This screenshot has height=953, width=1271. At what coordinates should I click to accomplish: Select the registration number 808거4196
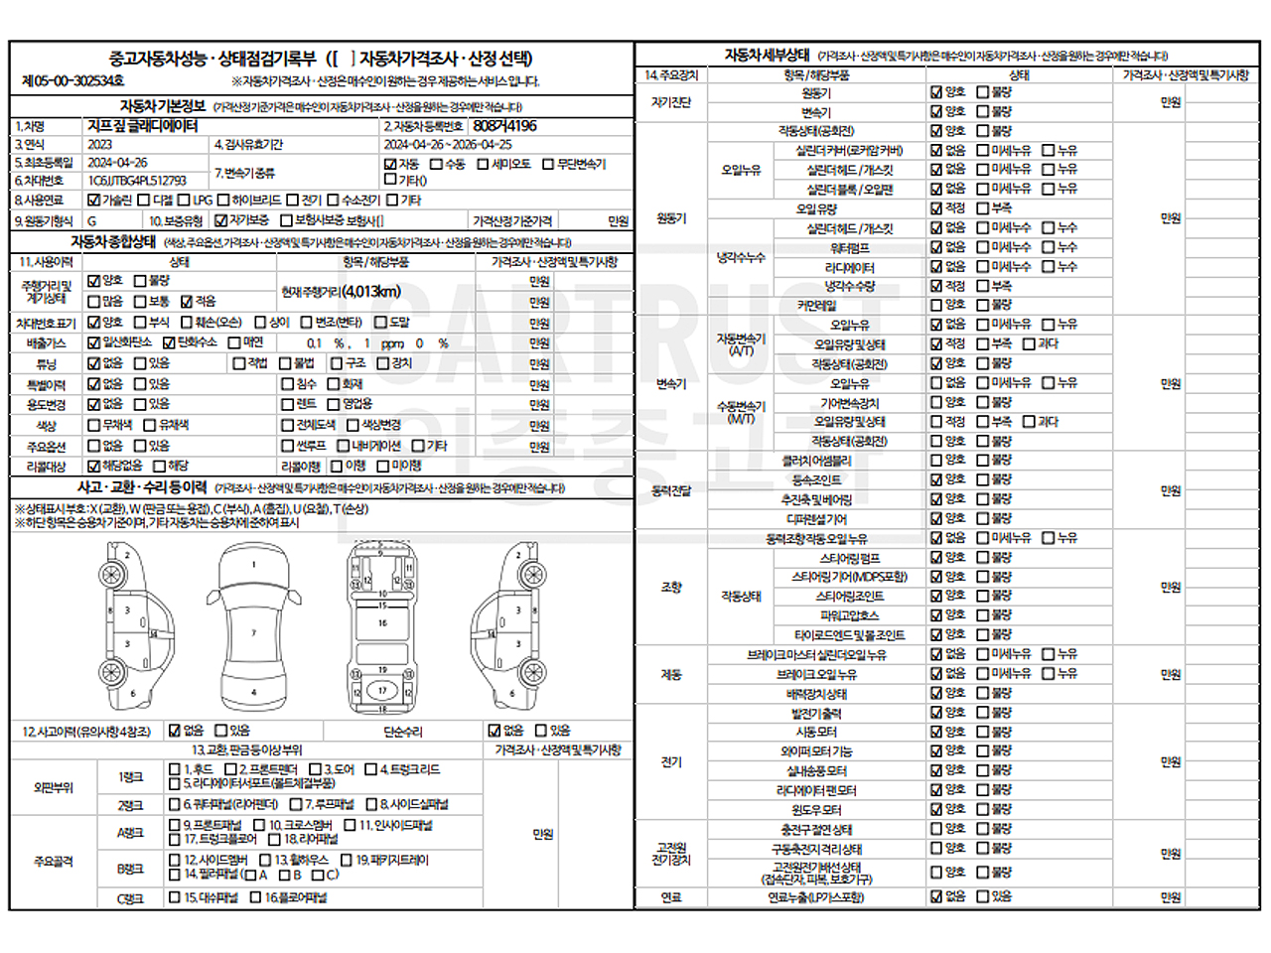tap(504, 126)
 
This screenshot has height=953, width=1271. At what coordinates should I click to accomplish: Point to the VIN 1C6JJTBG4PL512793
tap(137, 181)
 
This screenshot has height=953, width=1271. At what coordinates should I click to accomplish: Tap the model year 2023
tap(100, 145)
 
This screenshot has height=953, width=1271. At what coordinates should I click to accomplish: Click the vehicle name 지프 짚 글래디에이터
tap(142, 126)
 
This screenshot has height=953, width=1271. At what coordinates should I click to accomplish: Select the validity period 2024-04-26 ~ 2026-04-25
tap(448, 145)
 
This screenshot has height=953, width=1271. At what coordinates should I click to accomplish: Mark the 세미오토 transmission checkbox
tap(484, 164)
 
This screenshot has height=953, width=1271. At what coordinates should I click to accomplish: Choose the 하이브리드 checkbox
tap(224, 201)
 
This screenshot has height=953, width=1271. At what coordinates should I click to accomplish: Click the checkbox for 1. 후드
tap(175, 769)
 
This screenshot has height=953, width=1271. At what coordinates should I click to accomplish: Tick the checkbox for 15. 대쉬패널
tap(175, 897)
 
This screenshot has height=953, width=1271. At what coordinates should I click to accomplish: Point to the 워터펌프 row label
tap(849, 248)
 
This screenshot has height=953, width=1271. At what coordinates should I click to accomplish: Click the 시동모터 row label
tap(817, 732)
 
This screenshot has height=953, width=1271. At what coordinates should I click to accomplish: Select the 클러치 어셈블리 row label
tap(815, 461)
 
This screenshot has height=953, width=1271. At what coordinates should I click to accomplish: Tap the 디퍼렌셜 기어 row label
tap(816, 519)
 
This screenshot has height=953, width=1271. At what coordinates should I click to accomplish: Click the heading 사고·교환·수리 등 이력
tap(142, 487)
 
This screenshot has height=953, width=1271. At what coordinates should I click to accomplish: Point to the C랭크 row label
tap(130, 898)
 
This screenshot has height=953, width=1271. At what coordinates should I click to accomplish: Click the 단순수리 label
tap(403, 732)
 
